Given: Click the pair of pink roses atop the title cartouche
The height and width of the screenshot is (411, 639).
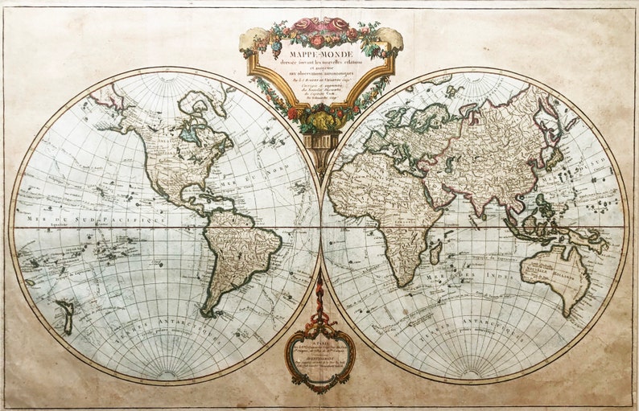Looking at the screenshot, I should [x=319, y=26].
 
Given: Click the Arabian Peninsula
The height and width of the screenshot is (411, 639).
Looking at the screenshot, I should [x=439, y=189].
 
